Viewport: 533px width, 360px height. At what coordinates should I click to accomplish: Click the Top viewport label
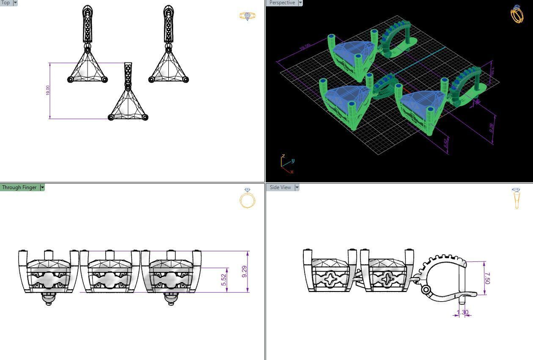pyautogui.click(x=5, y=3)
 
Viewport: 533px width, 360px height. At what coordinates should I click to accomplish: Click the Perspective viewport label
pyautogui.click(x=282, y=3)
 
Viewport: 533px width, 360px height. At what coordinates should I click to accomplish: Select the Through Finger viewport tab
pyautogui.click(x=19, y=187)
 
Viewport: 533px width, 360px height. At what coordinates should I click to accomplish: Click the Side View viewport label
pyautogui.click(x=280, y=187)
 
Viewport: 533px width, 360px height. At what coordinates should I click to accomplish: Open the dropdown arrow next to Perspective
pyautogui.click(x=300, y=3)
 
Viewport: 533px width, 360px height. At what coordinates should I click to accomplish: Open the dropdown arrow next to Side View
pyautogui.click(x=297, y=187)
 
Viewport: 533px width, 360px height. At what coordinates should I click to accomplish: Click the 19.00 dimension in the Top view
pyautogui.click(x=47, y=91)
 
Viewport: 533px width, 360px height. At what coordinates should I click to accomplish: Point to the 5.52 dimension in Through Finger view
pyautogui.click(x=224, y=280)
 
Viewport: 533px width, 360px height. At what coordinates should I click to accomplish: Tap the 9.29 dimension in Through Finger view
pyautogui.click(x=245, y=272)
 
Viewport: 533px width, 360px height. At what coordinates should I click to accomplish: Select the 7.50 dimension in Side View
pyautogui.click(x=487, y=278)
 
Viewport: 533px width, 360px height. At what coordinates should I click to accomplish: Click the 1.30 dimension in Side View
pyautogui.click(x=462, y=313)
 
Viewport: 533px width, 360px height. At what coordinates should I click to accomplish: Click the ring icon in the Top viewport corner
pyautogui.click(x=247, y=16)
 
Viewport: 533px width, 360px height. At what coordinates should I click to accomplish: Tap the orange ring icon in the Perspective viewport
pyautogui.click(x=517, y=14)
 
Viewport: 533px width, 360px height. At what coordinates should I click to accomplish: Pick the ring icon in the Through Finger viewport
pyautogui.click(x=247, y=198)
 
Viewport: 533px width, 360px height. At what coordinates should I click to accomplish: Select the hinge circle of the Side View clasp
pyautogui.click(x=426, y=289)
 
